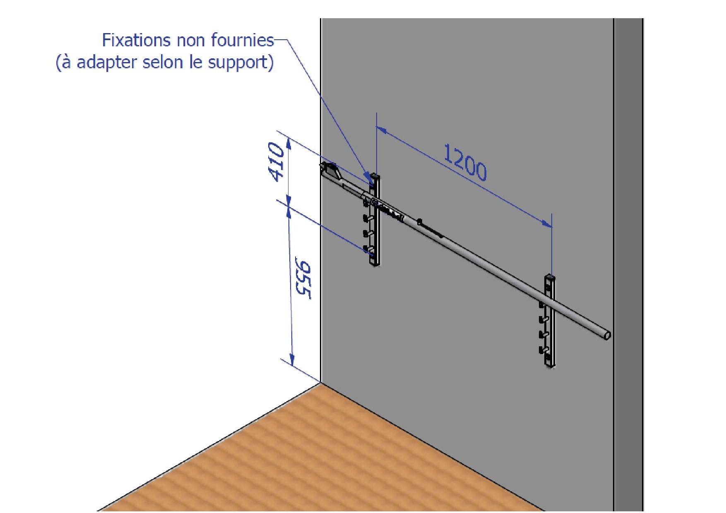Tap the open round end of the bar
coord(607,335)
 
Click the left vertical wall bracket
coord(375,220)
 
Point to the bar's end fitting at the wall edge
coord(331,171)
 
